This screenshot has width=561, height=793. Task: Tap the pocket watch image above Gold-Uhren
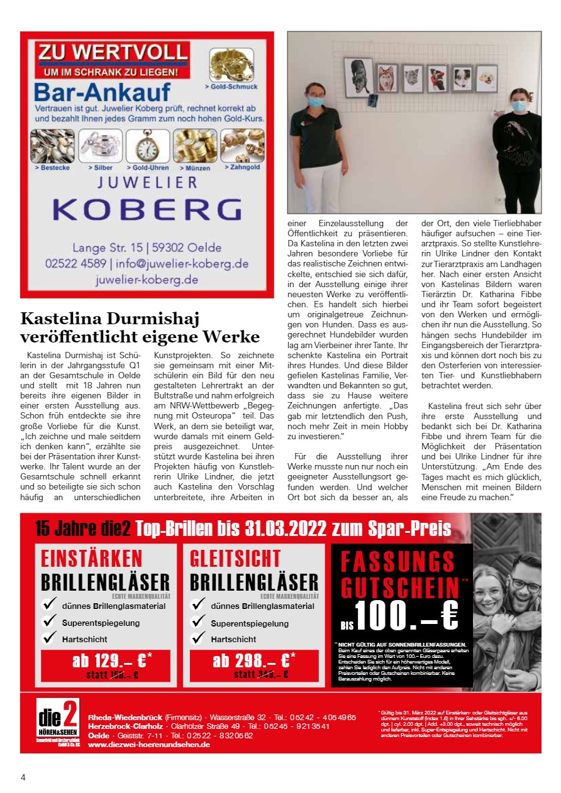(x=148, y=146)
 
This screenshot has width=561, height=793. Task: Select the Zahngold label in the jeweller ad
(x=244, y=168)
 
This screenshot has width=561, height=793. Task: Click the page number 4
(x=23, y=777)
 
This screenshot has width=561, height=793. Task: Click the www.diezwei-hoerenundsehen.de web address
(x=149, y=745)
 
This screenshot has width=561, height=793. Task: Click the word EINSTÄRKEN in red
(x=92, y=558)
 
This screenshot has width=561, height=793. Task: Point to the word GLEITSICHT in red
(x=235, y=558)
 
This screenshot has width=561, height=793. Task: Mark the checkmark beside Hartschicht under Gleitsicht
(x=199, y=638)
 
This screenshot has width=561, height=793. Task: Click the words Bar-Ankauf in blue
(x=101, y=92)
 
